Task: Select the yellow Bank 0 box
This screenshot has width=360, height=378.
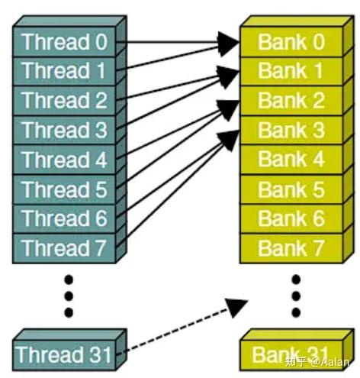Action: tap(291, 41)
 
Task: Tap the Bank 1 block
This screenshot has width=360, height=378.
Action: tap(291, 71)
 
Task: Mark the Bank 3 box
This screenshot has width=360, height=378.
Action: tap(291, 130)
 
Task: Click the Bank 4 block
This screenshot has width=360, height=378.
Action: tap(291, 160)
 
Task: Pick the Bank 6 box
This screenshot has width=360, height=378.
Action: tap(291, 218)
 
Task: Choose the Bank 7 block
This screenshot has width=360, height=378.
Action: tap(291, 248)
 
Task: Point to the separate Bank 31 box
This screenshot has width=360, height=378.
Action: tap(291, 354)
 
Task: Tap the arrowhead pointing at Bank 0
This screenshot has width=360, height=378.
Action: tap(227, 43)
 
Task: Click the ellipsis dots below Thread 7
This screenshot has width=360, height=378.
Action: tap(69, 294)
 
